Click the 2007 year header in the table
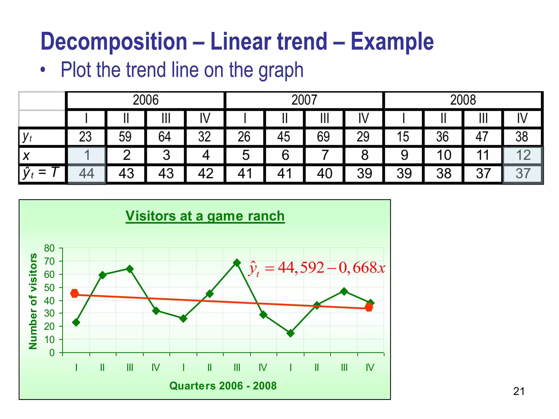click(x=304, y=100)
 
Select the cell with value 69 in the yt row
click(x=324, y=137)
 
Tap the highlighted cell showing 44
click(x=87, y=173)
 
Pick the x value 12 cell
click(x=523, y=155)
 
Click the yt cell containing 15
click(x=403, y=137)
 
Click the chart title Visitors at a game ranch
click(x=205, y=216)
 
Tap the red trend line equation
click(x=317, y=268)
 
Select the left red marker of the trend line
click(x=75, y=294)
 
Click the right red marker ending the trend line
click(x=369, y=307)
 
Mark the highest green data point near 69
click(x=237, y=263)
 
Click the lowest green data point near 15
click(x=290, y=333)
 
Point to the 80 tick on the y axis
click(x=49, y=248)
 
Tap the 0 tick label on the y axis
click(x=52, y=353)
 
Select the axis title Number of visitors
click(x=33, y=301)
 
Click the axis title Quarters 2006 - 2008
click(x=223, y=386)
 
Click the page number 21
click(x=519, y=391)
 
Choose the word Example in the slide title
click(x=392, y=41)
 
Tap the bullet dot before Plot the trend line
click(x=43, y=70)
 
